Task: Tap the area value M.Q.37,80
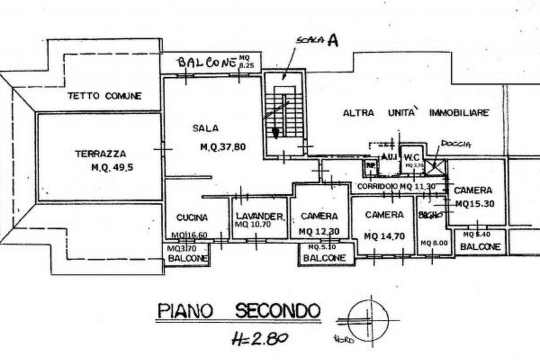click(x=223, y=147)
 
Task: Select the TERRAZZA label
click(x=100, y=154)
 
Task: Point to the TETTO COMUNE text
click(x=104, y=96)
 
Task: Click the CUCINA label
click(x=192, y=217)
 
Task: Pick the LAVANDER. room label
click(x=259, y=217)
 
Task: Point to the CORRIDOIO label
click(x=378, y=186)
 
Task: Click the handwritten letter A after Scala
click(x=332, y=41)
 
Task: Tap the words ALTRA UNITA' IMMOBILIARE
click(x=416, y=113)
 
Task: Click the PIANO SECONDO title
click(x=238, y=312)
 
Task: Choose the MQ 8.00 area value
click(x=434, y=243)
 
